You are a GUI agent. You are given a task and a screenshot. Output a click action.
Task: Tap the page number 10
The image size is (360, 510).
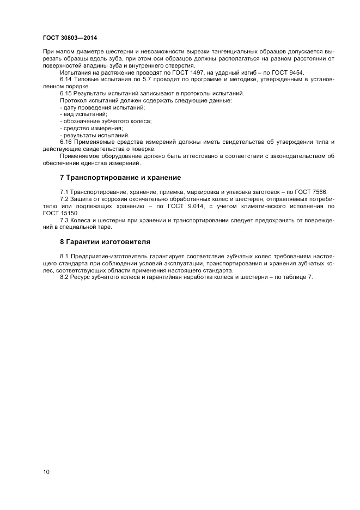pos(46,472)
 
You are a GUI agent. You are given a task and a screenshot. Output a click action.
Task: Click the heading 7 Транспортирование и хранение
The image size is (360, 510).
pos(120,178)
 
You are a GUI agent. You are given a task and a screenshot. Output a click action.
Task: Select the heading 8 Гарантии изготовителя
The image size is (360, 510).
pos(105,241)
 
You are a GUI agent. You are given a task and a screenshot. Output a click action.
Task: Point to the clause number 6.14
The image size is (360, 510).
pos(66,80)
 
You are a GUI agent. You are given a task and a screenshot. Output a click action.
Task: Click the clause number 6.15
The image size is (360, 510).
pos(66,94)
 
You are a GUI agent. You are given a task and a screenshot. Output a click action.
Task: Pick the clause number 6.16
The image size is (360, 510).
pos(66,142)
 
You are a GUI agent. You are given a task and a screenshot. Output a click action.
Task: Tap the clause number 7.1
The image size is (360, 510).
pos(64,192)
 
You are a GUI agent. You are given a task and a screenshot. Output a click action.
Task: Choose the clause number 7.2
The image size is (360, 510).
pos(64,199)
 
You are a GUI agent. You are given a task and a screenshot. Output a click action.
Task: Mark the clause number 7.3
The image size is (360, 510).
pos(64,220)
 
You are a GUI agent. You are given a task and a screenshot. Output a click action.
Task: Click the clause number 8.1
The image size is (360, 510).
pos(64,256)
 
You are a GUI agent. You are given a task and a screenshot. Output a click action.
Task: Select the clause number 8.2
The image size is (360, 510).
pos(64,277)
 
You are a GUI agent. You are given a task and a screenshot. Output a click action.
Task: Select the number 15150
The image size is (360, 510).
pos(71,213)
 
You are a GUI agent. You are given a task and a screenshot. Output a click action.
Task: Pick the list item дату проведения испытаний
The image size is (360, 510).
pos(102,108)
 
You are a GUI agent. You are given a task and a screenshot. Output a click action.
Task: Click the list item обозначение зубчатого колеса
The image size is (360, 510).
pos(106,122)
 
